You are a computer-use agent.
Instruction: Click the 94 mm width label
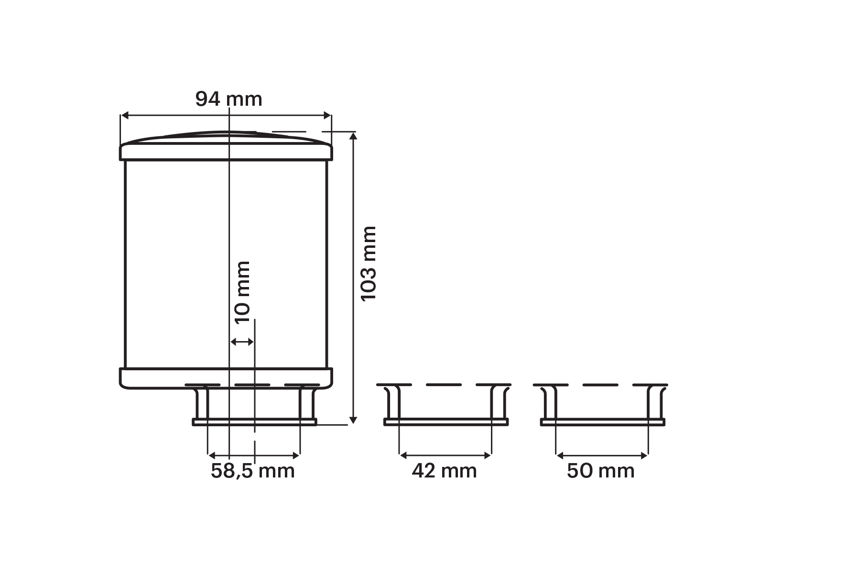pos(228,99)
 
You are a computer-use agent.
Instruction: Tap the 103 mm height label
pos(369,264)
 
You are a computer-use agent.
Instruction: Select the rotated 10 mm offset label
pos(242,292)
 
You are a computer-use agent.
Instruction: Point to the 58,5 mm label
pos(253,471)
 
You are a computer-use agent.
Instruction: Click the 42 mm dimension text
pos(445,471)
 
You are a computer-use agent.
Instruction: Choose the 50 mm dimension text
pos(601,471)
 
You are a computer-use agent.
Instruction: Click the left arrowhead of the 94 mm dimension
pos(125,115)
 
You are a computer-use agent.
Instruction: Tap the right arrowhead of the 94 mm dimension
pos(327,115)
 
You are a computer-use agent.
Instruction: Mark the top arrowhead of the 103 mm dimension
pos(353,136)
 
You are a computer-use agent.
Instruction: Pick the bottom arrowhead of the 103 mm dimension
pos(353,420)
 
